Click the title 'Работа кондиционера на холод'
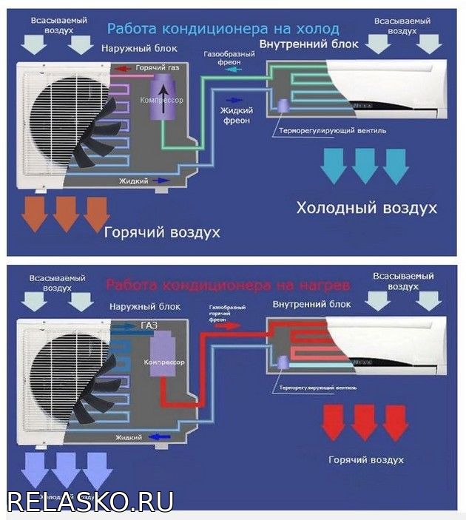(223, 29)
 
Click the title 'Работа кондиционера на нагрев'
(226, 284)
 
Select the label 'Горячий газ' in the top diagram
(155, 68)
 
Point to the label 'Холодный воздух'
(366, 209)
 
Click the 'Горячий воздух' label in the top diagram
(162, 232)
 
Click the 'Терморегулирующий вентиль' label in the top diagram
(332, 131)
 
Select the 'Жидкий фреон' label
(237, 115)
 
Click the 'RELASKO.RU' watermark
(90, 501)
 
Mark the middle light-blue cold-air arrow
(364, 166)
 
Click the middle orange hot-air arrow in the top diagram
(67, 214)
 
